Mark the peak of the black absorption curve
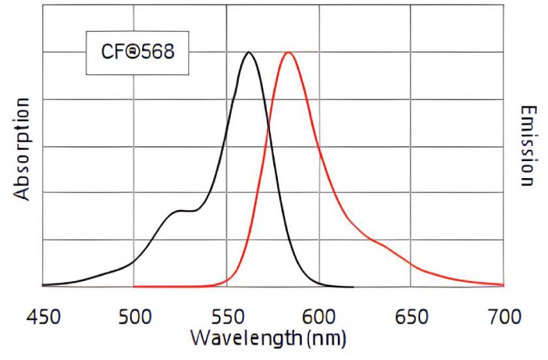[248, 52]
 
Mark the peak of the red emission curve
[287, 52]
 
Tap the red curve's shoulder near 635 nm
[385, 246]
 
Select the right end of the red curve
[503, 284]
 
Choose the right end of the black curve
[353, 286]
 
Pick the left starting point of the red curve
[134, 286]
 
